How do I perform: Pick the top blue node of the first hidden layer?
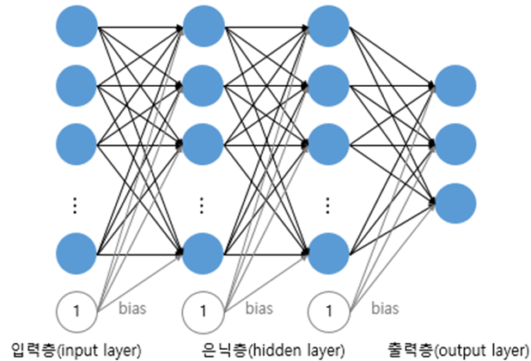pos(202,27)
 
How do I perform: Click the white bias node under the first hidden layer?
pos(202,308)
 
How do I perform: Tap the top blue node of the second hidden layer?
pos(327,27)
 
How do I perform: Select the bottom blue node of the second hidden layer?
pos(327,253)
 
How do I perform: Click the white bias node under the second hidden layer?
pos(327,308)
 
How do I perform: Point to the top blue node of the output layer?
pos(455,84)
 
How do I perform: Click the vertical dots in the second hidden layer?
pos(327,205)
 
